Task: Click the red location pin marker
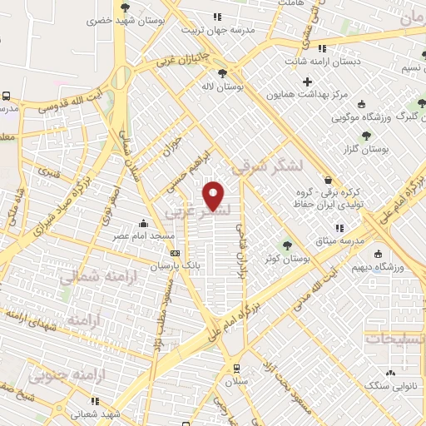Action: pos(215,196)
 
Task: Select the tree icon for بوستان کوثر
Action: pos(287,245)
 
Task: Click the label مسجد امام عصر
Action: pos(144,236)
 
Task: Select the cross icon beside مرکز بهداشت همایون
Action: pos(308,82)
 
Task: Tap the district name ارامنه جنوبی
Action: pos(59,376)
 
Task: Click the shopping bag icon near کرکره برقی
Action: pos(328,180)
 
